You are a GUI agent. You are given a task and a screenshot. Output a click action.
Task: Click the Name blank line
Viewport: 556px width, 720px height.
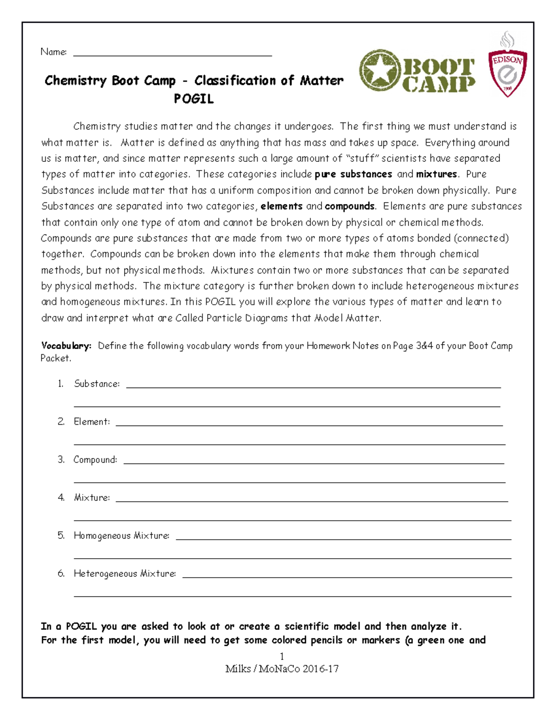172,55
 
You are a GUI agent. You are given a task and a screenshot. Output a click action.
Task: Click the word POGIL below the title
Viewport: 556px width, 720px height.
194,99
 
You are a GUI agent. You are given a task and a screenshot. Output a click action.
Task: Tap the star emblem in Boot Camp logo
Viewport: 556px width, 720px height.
379,70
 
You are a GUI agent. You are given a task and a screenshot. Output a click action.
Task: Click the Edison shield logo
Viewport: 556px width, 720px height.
507,70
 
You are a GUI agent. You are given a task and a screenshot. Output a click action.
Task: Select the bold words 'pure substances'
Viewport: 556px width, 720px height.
353,174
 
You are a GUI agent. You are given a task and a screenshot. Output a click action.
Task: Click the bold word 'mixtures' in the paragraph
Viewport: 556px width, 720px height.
436,174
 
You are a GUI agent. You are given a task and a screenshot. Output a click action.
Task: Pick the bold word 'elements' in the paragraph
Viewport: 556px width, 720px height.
281,206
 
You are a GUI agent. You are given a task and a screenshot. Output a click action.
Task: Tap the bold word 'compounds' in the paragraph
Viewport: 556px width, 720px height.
349,206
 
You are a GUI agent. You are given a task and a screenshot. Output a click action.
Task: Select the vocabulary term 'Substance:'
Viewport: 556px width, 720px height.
97,384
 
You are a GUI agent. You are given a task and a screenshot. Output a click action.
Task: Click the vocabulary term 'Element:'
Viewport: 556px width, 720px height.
92,422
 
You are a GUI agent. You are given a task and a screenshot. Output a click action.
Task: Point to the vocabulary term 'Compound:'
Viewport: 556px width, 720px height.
95,460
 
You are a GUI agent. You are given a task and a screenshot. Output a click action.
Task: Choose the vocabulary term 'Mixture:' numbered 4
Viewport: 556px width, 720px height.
92,498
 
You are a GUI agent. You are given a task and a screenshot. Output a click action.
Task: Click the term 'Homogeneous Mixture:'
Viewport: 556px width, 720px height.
121,536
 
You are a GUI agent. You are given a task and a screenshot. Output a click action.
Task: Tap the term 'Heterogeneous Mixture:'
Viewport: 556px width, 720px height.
125,574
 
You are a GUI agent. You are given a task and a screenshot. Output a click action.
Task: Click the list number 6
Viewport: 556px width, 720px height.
61,574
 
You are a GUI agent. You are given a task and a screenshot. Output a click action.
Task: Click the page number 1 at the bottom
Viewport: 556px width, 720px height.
282,656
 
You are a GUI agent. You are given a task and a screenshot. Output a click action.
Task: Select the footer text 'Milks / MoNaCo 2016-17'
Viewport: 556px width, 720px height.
282,669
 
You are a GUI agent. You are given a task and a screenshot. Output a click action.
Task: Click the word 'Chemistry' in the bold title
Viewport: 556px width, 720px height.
76,81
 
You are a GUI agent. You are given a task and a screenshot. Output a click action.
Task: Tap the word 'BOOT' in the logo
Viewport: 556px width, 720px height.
438,67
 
